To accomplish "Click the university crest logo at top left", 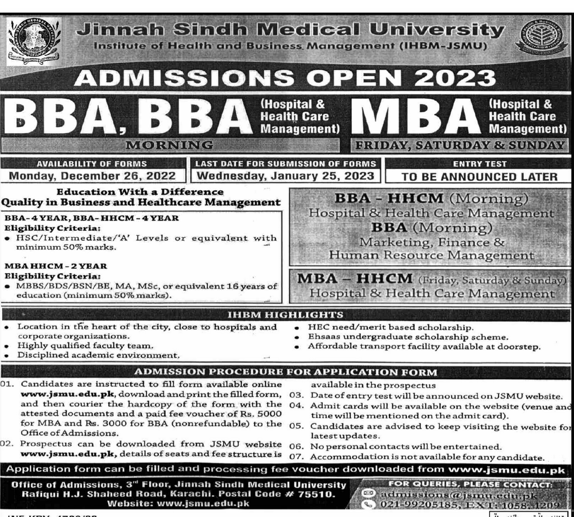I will (x=34, y=41).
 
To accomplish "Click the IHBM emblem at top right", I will (x=542, y=39).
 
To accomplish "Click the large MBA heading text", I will (x=417, y=117).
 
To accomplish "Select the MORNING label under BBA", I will (x=169, y=145).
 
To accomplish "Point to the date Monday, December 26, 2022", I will (x=92, y=176).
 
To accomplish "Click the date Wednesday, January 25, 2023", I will (x=285, y=176).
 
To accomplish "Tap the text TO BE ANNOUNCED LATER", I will (x=479, y=177).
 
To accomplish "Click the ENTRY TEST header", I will (x=479, y=164).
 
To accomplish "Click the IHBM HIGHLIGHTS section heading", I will (x=285, y=315).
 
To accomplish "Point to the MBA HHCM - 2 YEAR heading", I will (x=56, y=266).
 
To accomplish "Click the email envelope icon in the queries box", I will (x=368, y=493).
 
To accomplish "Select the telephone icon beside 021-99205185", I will (x=368, y=505).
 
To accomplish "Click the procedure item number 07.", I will (x=296, y=457).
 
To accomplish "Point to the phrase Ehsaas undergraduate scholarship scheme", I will (x=408, y=337).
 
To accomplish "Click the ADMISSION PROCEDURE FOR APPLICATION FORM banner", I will (x=285, y=372).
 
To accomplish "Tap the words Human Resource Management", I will (x=431, y=255).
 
